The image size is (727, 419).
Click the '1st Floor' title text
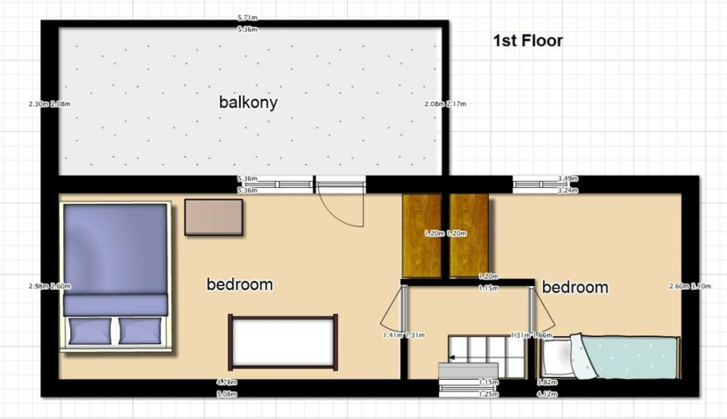(x=527, y=40)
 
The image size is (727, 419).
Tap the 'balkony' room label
(x=248, y=102)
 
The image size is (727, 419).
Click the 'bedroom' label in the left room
(x=239, y=284)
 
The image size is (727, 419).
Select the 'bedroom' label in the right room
(x=574, y=287)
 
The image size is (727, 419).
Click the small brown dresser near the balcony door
(x=214, y=217)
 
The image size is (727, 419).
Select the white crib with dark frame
(x=283, y=341)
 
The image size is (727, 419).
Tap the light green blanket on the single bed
(x=630, y=356)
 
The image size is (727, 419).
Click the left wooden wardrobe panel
(x=422, y=234)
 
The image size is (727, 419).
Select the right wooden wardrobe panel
(x=469, y=234)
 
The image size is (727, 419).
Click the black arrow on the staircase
(x=452, y=357)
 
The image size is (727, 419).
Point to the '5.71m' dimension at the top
(x=248, y=18)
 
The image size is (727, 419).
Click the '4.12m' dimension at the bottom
(x=546, y=393)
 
